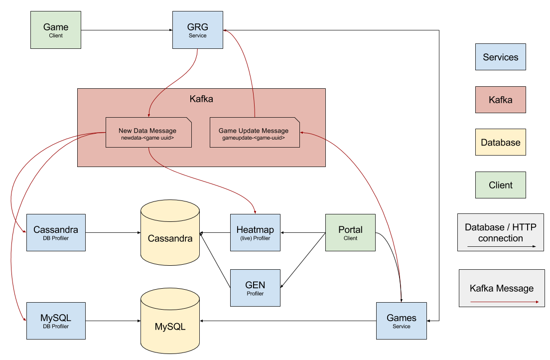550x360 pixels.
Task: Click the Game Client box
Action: click(x=56, y=30)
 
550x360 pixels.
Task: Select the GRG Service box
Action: click(x=198, y=30)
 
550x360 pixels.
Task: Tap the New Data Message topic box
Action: click(x=148, y=132)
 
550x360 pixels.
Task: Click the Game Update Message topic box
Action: click(x=255, y=132)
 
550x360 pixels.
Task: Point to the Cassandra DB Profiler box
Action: click(x=56, y=232)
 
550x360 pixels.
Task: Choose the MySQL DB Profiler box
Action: click(x=56, y=321)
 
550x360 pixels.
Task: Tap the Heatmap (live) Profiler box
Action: click(x=255, y=232)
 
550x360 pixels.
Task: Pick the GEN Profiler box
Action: click(x=255, y=288)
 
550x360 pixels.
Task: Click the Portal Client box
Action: click(x=350, y=232)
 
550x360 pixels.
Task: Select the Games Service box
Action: click(x=402, y=321)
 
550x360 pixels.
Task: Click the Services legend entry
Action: click(x=501, y=57)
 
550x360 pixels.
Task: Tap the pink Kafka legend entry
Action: click(x=501, y=100)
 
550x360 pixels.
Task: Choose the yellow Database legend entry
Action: click(x=501, y=142)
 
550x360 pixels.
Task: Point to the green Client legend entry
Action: click(x=501, y=185)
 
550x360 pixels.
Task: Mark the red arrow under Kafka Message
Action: click(x=504, y=302)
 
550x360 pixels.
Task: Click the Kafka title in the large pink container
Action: click(x=201, y=99)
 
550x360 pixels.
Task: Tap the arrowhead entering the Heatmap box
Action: click(x=255, y=212)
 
